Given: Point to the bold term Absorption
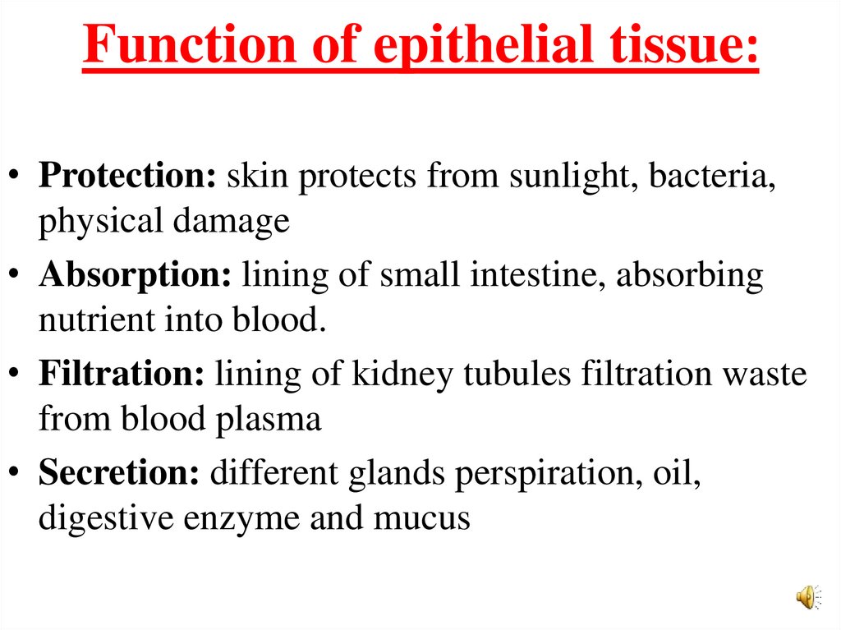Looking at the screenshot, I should coord(136,276).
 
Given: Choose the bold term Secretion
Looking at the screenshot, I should coord(119,474).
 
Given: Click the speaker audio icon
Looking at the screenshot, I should coord(807,596).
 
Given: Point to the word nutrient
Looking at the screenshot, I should coord(89,320).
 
